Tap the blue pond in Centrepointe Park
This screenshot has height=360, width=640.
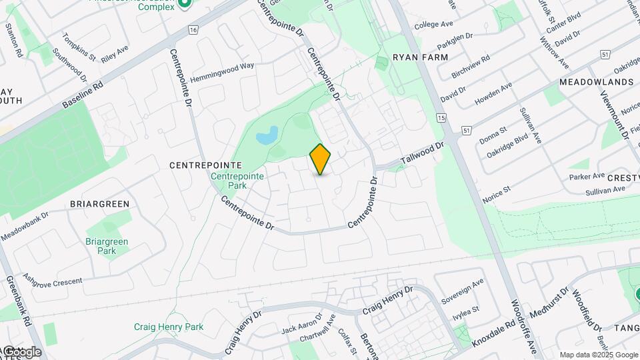point(267,136)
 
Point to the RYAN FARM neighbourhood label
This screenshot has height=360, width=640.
point(420,57)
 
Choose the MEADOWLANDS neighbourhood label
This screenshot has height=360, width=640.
point(596,82)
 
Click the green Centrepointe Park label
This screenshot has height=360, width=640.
point(237,181)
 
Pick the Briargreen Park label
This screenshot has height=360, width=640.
point(107,246)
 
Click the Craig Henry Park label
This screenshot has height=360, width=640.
point(169,327)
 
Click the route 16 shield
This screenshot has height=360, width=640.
point(193,30)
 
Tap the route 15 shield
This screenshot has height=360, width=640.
point(441,117)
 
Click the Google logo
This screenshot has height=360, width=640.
point(21,351)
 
